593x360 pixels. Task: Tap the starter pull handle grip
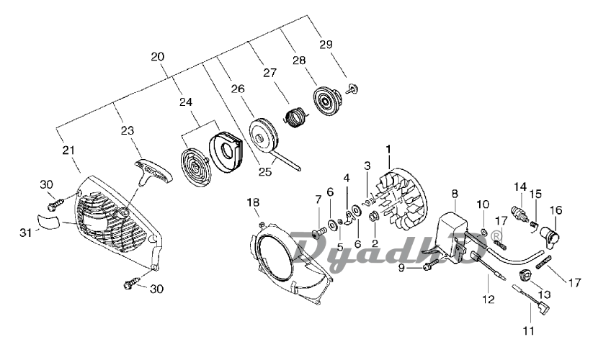(153, 172)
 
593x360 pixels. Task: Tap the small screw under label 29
(352, 89)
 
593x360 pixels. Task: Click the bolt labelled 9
(430, 266)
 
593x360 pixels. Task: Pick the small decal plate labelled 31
(48, 221)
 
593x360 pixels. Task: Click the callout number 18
(253, 202)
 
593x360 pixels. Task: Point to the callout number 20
(157, 57)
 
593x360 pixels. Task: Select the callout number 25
(265, 172)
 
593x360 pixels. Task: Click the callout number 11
(528, 331)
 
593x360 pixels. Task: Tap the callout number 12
(489, 300)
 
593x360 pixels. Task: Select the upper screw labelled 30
(54, 204)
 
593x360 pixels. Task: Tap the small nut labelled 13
(523, 276)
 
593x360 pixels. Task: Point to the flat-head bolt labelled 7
(320, 231)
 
